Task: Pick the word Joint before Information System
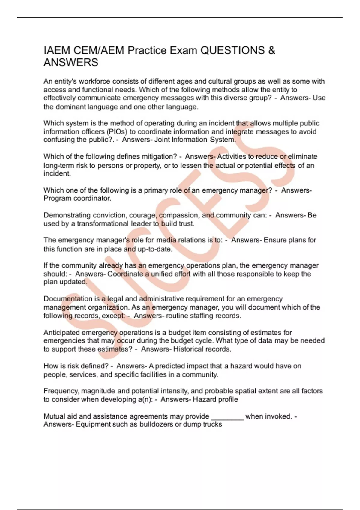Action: point(162,140)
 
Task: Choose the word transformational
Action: point(103,224)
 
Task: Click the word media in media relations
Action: point(166,240)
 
